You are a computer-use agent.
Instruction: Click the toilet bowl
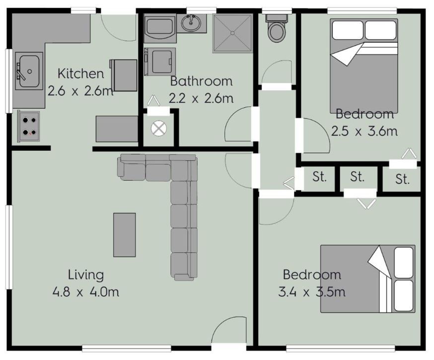tap(277, 32)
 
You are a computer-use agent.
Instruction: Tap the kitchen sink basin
tap(29, 71)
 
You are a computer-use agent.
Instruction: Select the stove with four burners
tap(29, 127)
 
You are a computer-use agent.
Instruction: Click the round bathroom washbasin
tap(191, 23)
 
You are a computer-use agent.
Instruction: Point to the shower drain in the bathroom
tap(232, 33)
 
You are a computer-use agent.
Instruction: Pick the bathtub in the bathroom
tap(160, 28)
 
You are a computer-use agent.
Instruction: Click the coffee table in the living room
tap(125, 235)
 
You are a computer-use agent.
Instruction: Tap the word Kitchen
tap(81, 73)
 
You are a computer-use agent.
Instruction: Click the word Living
tap(86, 275)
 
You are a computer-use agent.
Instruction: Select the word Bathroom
tap(201, 81)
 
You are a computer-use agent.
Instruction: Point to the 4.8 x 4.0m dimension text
tap(86, 292)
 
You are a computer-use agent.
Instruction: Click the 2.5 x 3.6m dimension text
tap(364, 131)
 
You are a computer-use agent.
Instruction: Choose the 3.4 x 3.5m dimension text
tap(312, 292)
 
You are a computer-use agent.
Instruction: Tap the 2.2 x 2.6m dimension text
tap(201, 98)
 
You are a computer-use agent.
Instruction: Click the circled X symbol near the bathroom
tap(158, 129)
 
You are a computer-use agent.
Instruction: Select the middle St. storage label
tap(357, 177)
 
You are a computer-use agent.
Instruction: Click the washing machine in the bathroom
tap(160, 62)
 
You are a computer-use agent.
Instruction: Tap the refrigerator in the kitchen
tap(124, 75)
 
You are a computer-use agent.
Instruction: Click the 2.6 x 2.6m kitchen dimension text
tap(80, 91)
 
